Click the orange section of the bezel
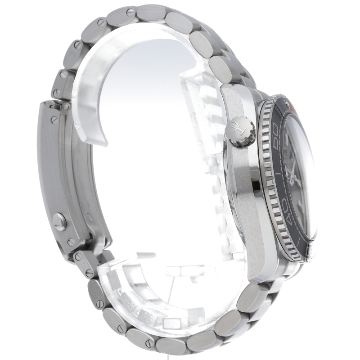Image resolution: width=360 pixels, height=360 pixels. pos(293,106)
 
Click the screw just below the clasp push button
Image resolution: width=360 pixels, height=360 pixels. pos(71,241)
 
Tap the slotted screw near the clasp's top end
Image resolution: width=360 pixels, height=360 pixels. pos(54,119)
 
